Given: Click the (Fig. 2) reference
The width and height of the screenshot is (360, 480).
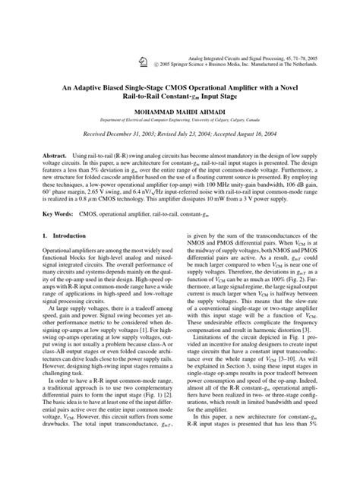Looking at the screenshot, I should (x=305, y=302).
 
